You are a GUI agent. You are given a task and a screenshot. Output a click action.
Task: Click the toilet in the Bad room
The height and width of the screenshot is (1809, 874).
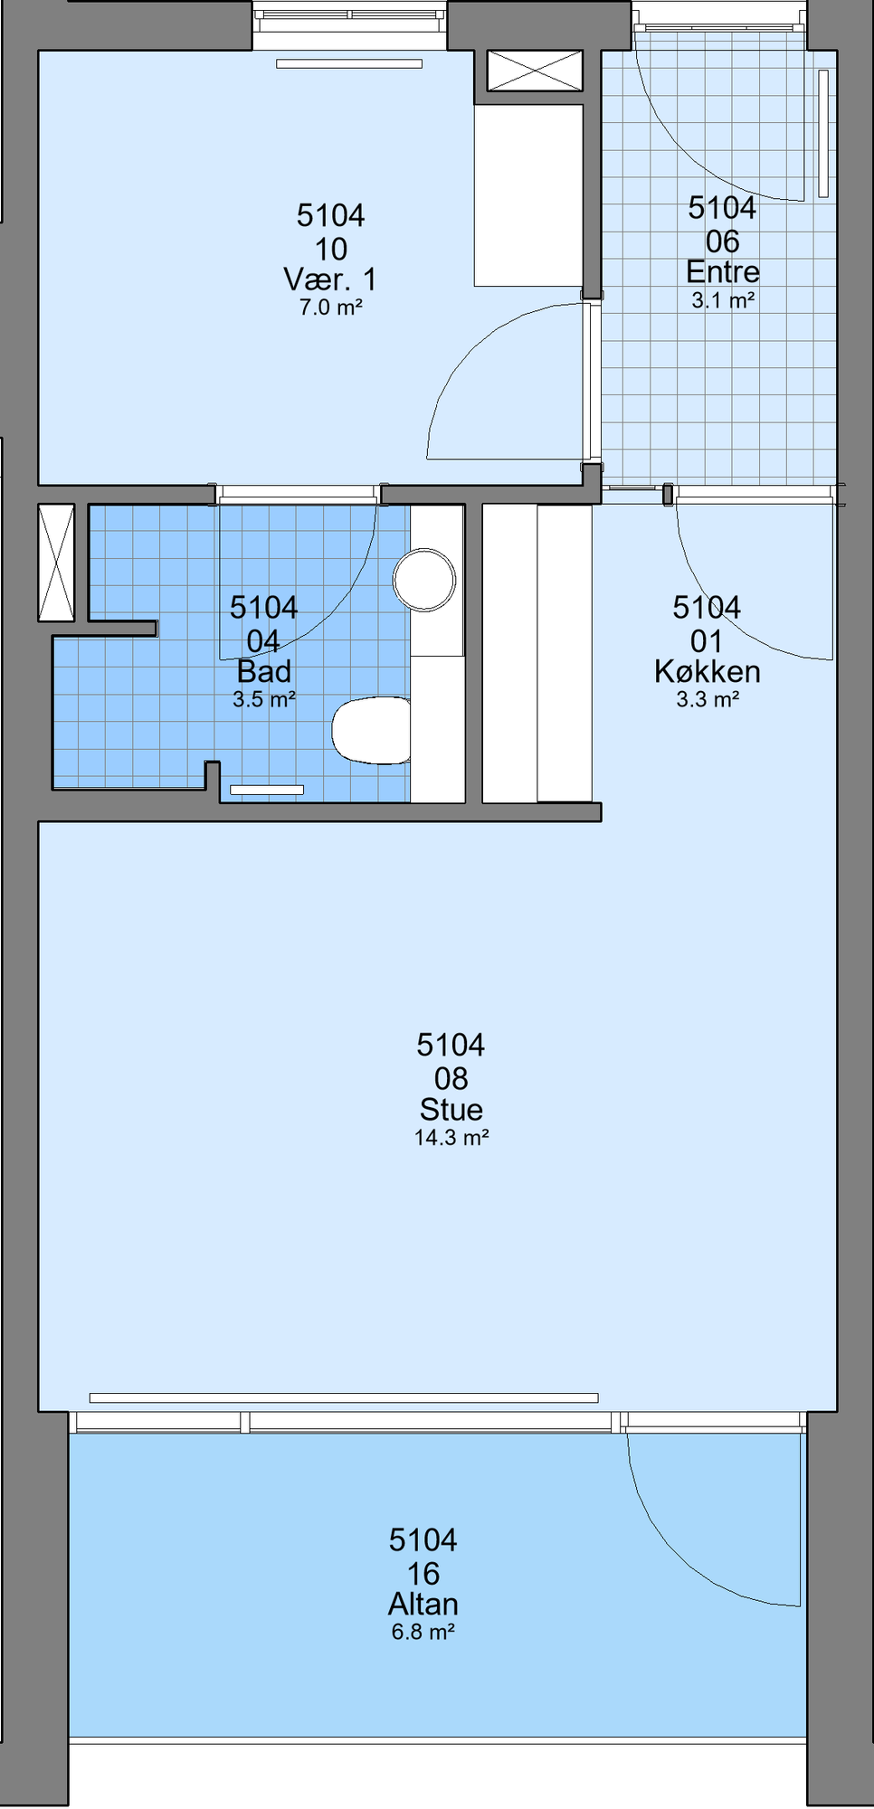pyautogui.click(x=371, y=729)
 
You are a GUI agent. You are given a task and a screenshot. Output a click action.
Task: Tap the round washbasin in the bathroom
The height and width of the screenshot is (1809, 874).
pyautogui.click(x=424, y=579)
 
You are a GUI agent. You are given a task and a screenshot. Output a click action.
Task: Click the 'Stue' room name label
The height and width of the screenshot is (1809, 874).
pyautogui.click(x=451, y=1110)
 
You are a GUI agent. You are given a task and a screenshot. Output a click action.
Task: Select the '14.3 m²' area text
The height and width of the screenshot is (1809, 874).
pyautogui.click(x=451, y=1138)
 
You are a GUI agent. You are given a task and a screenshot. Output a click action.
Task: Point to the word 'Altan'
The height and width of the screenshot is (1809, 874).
pyautogui.click(x=423, y=1605)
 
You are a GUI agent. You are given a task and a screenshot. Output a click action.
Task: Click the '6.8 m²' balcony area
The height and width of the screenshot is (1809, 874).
pyautogui.click(x=423, y=1633)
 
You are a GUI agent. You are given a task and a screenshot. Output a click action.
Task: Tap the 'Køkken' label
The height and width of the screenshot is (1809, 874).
pyautogui.click(x=708, y=671)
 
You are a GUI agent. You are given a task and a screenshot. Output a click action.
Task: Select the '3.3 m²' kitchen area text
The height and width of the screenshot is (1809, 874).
pyautogui.click(x=708, y=699)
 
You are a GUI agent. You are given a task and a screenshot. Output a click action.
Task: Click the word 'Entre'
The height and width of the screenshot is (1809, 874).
pyautogui.click(x=723, y=271)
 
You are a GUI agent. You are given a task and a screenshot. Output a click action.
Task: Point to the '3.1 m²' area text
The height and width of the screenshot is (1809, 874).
pyautogui.click(x=723, y=300)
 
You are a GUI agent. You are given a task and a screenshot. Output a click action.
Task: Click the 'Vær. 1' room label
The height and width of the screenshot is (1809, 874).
pyautogui.click(x=330, y=279)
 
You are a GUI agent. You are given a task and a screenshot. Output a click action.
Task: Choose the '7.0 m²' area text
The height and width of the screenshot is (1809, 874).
pyautogui.click(x=331, y=308)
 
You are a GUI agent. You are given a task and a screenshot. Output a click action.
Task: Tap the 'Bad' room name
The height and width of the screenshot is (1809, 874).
pyautogui.click(x=264, y=671)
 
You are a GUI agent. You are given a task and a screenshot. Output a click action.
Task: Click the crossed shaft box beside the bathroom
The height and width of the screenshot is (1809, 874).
pyautogui.click(x=56, y=563)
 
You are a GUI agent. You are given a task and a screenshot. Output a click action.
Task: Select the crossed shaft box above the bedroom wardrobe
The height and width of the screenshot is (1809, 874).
pyautogui.click(x=535, y=71)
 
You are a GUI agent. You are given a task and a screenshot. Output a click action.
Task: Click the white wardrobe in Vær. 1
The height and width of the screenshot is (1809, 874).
pyautogui.click(x=528, y=195)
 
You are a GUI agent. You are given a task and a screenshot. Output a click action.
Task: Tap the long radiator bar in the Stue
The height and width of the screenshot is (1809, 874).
pyautogui.click(x=344, y=1398)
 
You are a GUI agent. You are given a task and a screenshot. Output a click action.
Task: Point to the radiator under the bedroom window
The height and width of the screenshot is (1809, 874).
pyautogui.click(x=349, y=64)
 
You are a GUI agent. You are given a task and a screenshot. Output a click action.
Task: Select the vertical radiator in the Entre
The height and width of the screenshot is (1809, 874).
pyautogui.click(x=823, y=133)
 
